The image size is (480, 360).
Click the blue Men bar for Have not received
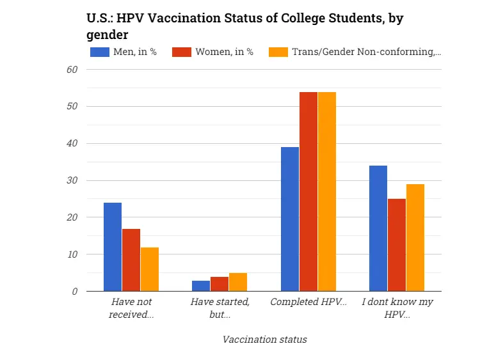coord(113,247)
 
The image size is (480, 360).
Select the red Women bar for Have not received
coord(131,260)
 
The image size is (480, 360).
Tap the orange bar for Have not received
coord(150,269)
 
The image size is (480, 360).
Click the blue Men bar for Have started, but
coord(201,286)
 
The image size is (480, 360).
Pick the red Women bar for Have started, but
coord(220,284)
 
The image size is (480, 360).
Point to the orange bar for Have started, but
coord(238,282)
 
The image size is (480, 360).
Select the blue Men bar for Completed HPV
coord(290,219)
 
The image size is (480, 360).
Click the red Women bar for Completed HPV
coord(308,192)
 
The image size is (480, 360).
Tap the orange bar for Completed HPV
coord(327,192)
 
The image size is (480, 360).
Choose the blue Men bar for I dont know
coord(378,228)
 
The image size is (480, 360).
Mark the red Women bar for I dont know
coord(397,245)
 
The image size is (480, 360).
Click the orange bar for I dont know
coord(415,238)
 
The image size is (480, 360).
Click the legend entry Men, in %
coord(124,52)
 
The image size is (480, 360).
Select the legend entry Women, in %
coord(213,52)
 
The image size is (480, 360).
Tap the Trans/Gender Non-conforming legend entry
coord(355,52)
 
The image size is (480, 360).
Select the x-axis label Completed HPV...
coord(308,301)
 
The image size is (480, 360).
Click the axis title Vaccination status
coord(264,339)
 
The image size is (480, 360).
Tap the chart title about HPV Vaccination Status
coord(244,25)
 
